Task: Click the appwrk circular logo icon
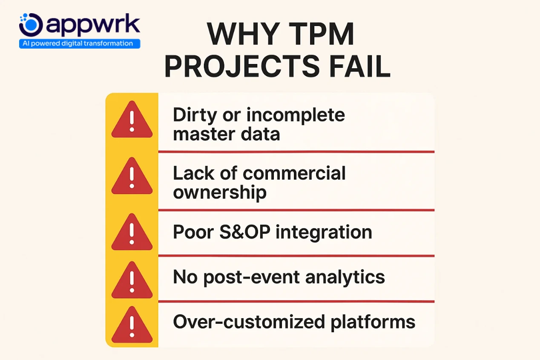pos(31,25)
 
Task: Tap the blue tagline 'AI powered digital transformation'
pos(80,43)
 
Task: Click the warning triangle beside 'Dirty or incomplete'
pos(132,121)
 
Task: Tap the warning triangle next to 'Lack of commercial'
pos(132,178)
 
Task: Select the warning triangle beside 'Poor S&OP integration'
pos(132,233)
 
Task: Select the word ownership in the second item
pos(219,193)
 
